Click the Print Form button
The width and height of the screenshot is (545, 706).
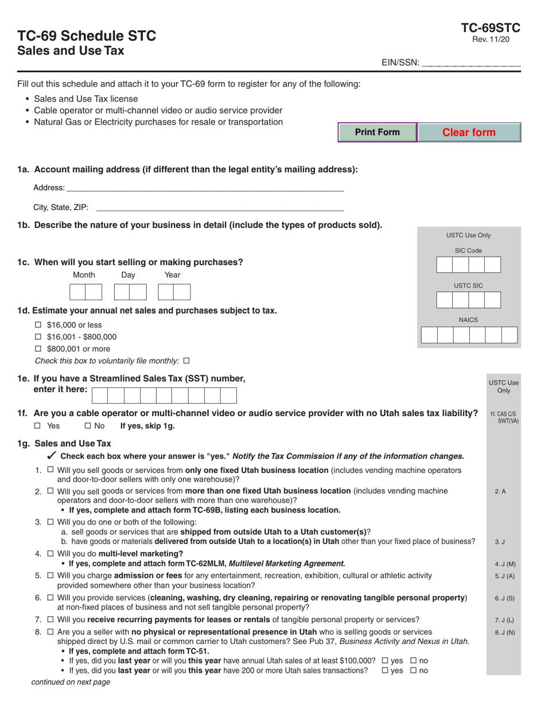(377, 133)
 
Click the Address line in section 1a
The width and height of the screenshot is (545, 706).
(205, 187)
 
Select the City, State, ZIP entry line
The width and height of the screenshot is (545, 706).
(220, 207)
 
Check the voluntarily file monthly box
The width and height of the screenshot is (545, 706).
(186, 361)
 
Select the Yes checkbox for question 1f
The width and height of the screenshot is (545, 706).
(38, 426)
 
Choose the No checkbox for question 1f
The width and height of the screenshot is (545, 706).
(88, 426)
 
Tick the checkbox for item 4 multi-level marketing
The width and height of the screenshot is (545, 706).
(50, 554)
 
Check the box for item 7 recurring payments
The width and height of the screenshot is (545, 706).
(50, 619)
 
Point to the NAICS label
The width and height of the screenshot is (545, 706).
(468, 320)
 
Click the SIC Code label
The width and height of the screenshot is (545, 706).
(468, 251)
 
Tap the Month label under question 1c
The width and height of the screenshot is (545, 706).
(84, 275)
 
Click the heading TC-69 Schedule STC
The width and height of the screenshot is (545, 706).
(87, 36)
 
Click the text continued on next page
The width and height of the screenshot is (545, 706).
(70, 682)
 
